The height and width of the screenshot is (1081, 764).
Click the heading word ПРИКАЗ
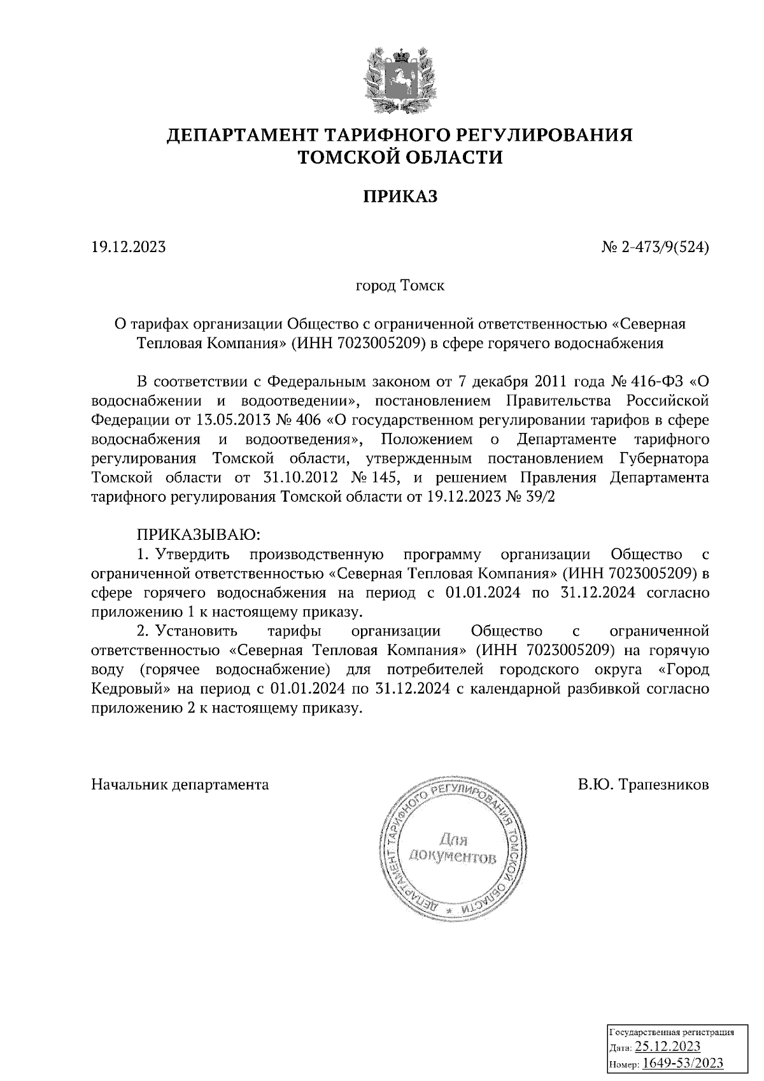click(x=400, y=197)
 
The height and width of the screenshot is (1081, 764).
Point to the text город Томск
click(x=400, y=285)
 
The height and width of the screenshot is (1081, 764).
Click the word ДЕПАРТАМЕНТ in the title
click(x=242, y=136)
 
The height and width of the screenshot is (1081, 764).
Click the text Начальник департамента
click(x=180, y=784)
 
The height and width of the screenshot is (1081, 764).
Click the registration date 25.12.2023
click(x=668, y=1047)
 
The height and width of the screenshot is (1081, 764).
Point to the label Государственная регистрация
click(x=672, y=1031)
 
